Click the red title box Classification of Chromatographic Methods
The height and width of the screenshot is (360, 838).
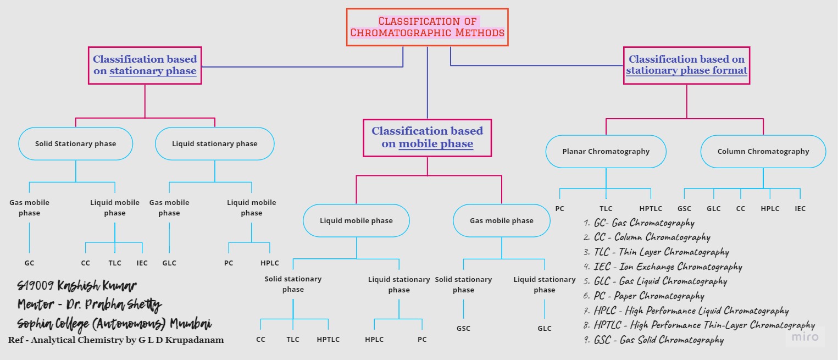point(427,27)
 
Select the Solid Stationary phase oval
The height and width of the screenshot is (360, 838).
point(76,143)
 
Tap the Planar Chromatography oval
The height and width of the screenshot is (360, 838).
point(606,151)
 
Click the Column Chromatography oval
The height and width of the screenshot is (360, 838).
point(763,151)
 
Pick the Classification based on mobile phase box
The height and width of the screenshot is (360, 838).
point(427,137)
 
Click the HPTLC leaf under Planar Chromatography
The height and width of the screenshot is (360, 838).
point(651,208)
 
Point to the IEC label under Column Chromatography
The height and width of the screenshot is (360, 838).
point(800,208)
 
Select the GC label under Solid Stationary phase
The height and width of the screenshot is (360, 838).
point(29,263)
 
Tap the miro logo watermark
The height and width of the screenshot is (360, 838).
point(805,336)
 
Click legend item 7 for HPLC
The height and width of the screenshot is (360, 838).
point(686,311)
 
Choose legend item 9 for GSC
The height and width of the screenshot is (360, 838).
point(654,340)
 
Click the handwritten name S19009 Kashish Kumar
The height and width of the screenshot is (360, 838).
point(77,286)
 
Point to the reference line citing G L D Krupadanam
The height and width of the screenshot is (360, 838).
point(116,340)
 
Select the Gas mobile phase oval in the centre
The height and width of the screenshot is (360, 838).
point(501,220)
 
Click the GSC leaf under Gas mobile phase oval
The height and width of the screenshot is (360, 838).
point(463,328)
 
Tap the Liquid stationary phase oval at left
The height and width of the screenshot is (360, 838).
point(214,143)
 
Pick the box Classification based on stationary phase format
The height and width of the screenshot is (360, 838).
point(686,65)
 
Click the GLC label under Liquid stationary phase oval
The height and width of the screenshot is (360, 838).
point(169,263)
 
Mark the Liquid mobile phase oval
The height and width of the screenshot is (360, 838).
point(356,220)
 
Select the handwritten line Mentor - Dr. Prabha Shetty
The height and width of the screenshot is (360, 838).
point(90,304)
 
